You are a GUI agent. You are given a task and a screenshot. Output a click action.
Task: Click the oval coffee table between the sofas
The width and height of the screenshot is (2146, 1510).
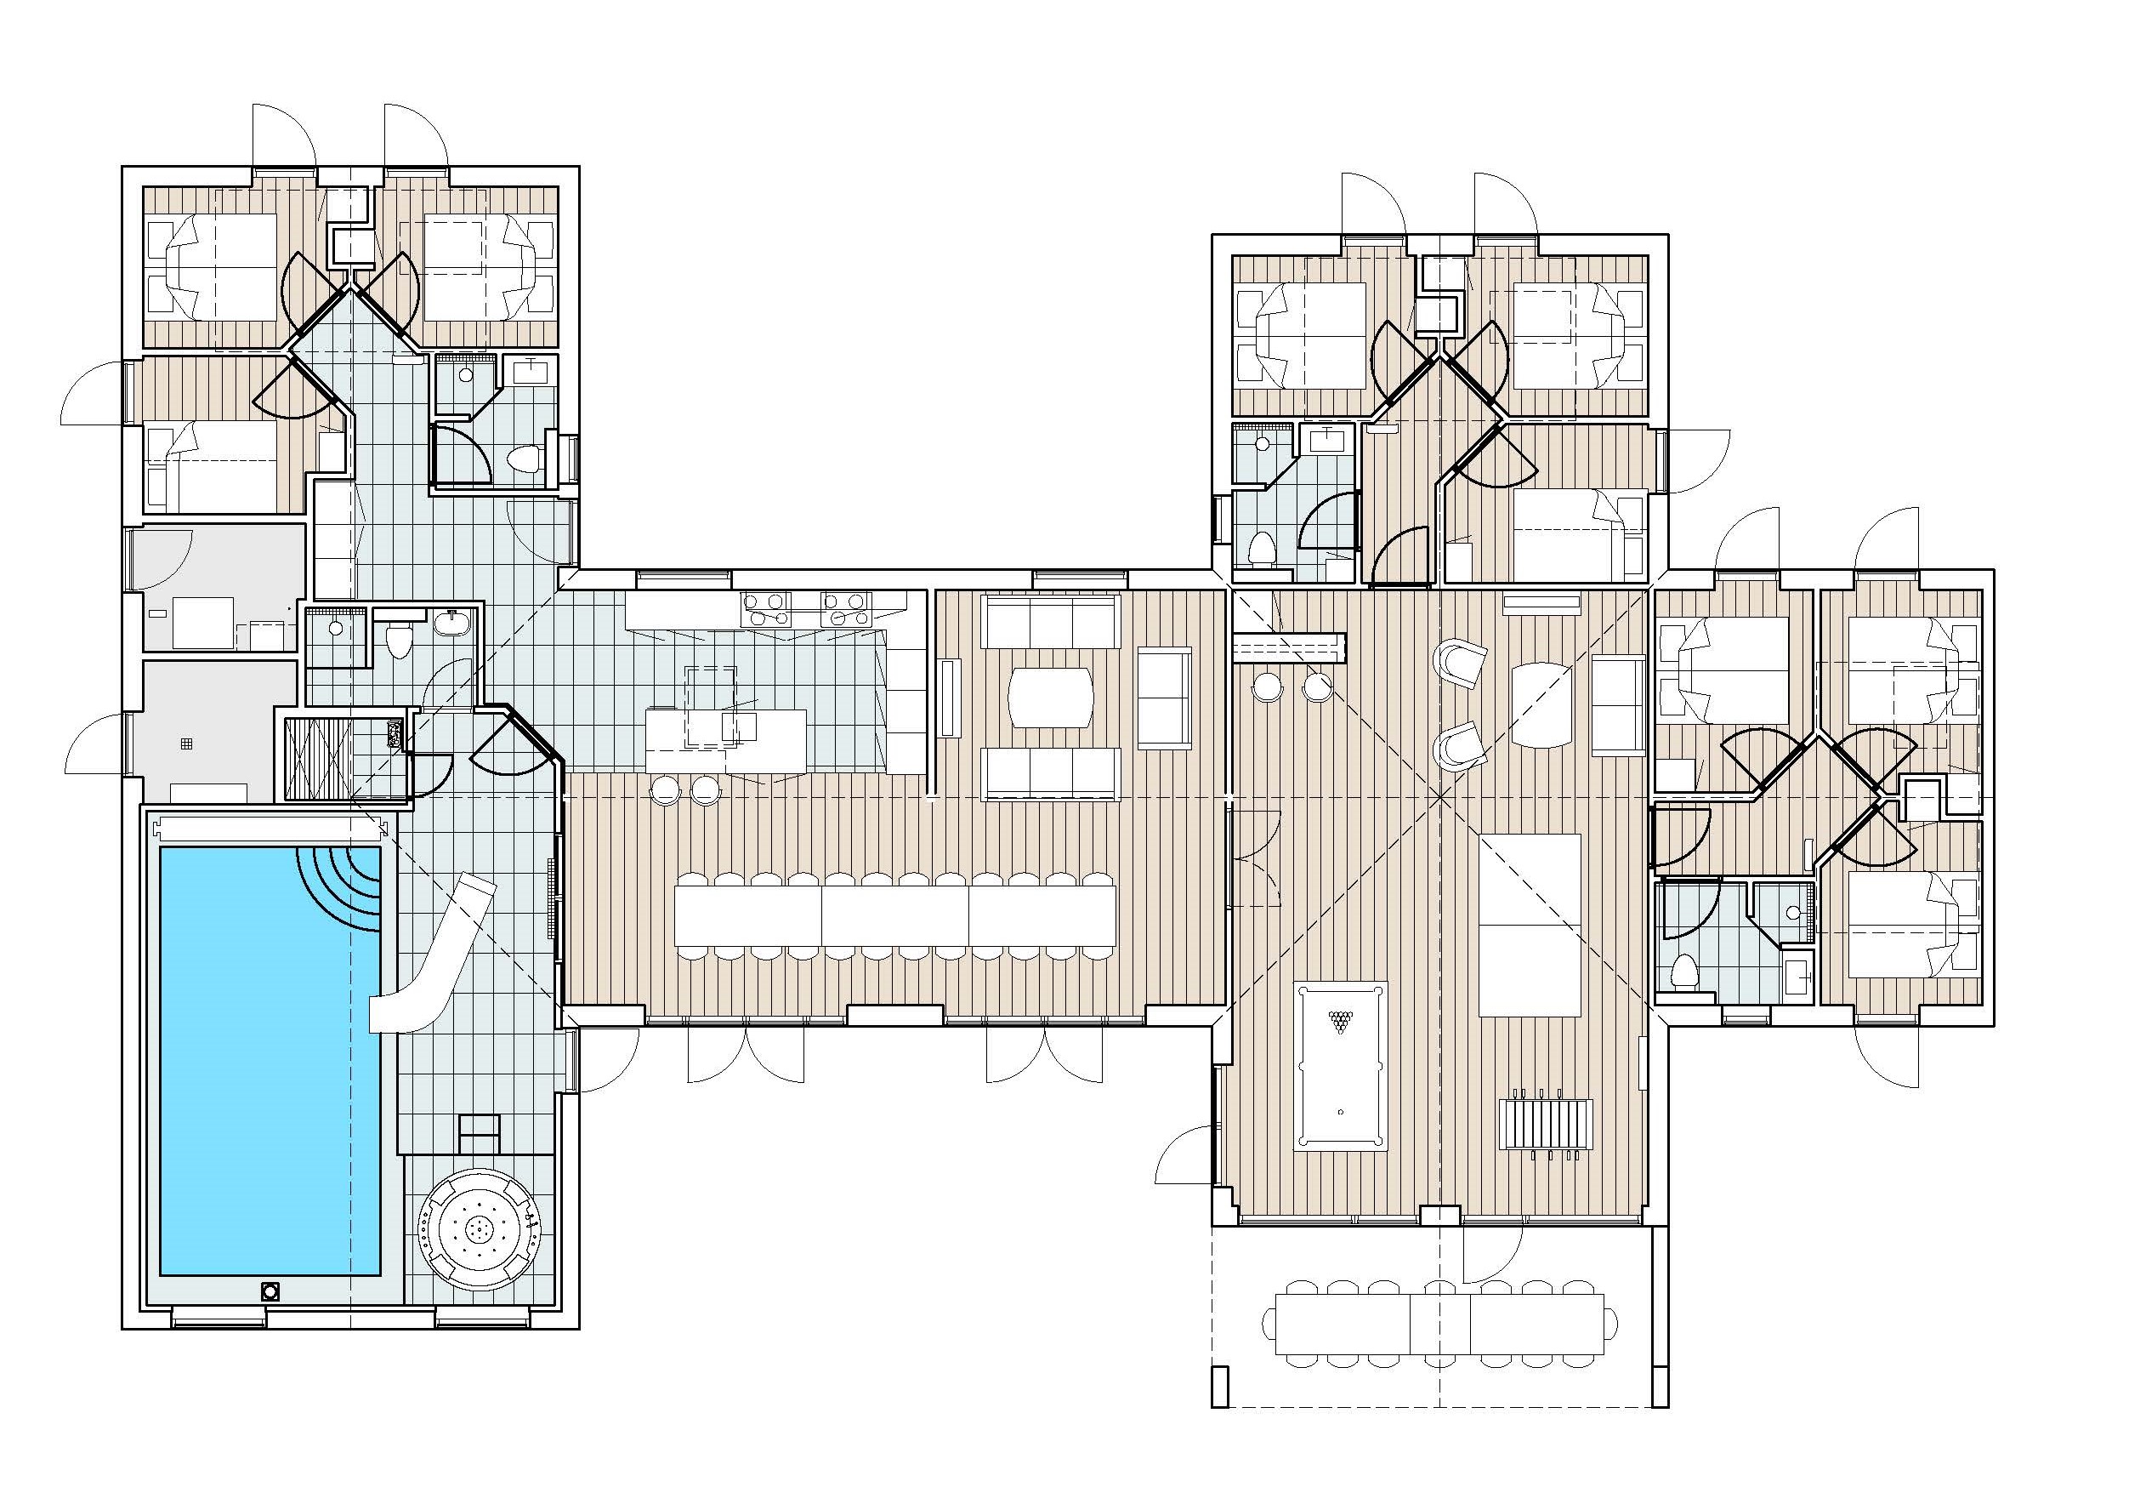[1051, 696]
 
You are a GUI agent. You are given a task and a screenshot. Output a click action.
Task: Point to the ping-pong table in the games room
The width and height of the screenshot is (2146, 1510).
[1530, 925]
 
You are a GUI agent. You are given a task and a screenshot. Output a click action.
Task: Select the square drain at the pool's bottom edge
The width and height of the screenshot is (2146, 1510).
[271, 1292]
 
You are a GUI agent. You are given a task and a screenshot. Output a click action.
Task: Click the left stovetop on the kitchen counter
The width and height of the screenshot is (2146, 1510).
[765, 607]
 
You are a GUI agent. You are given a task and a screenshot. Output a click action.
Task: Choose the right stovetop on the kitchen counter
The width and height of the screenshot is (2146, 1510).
[845, 607]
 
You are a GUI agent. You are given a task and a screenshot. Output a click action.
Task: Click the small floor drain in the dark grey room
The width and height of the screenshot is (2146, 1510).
[187, 744]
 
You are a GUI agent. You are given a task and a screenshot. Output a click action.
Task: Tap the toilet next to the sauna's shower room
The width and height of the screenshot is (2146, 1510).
[399, 641]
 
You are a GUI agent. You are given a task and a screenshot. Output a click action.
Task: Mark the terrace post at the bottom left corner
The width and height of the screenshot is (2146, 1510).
[1218, 1387]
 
